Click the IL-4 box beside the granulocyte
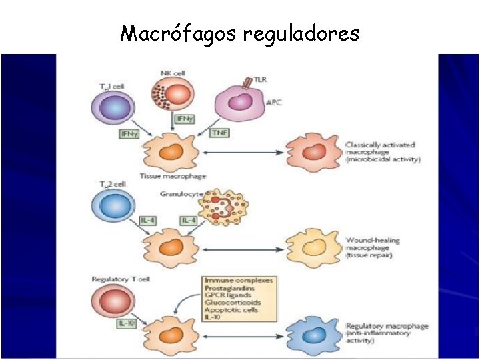[189, 220]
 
